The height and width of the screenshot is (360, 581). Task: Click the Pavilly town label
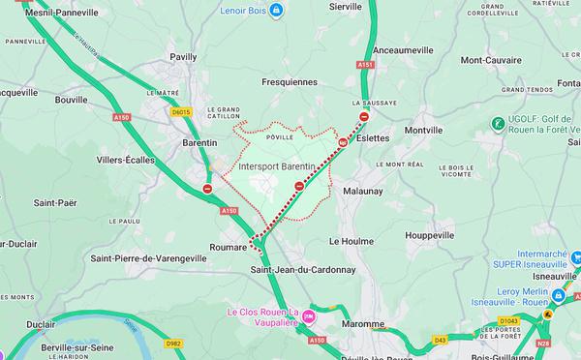pos(183,57)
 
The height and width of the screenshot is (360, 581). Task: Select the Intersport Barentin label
pos(276,166)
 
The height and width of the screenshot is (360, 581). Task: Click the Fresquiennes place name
pos(290,82)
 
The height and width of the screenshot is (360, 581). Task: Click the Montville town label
pos(423,130)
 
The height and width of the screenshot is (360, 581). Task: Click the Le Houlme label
pos(350,239)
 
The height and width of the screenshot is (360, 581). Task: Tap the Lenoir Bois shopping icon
pos(277,11)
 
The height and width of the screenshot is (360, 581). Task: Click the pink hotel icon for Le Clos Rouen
pos(309,316)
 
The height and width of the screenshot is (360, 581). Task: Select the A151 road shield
pos(364,65)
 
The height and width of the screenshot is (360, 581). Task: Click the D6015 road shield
pos(180,111)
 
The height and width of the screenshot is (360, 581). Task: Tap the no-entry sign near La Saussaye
pos(363,117)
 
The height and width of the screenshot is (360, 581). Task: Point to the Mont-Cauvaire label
pos(492,60)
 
